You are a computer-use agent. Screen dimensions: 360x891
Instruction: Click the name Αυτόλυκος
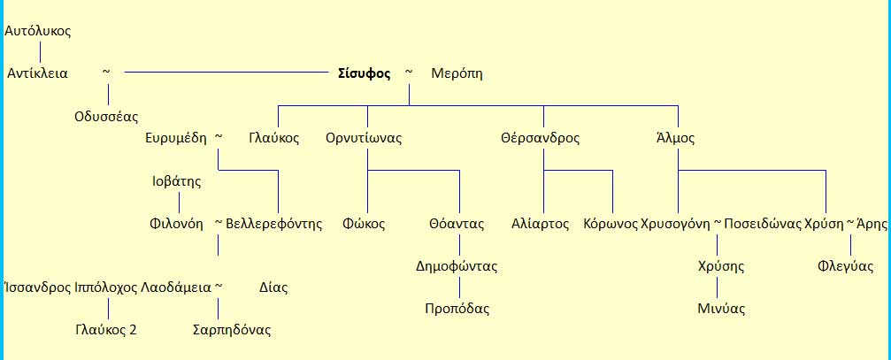tap(38, 31)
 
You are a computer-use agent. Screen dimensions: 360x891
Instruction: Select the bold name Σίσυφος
tap(365, 73)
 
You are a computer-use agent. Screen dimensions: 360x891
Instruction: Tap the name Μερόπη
tap(457, 73)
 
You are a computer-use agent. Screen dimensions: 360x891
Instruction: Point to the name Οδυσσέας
tap(106, 116)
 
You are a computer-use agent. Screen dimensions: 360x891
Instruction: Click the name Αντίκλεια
tap(37, 73)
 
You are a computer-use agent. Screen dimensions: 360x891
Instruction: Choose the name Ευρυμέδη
tap(176, 138)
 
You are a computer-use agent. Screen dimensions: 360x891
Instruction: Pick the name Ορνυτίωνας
tap(364, 138)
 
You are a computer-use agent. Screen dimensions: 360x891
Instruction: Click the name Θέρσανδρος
tap(540, 138)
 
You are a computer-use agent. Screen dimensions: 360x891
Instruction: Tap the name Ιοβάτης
tap(177, 181)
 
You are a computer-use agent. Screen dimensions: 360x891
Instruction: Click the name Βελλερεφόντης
tap(274, 224)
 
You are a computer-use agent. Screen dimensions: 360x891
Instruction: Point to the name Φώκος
tap(365, 224)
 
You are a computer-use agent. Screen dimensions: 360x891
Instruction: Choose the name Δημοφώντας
tap(457, 266)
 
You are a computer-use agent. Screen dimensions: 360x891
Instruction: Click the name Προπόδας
tap(457, 309)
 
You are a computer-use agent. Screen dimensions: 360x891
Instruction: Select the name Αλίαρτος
tap(540, 224)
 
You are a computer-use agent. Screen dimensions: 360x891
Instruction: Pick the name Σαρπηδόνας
tap(232, 330)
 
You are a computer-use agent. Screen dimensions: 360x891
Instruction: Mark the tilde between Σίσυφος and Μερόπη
tap(409, 72)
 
